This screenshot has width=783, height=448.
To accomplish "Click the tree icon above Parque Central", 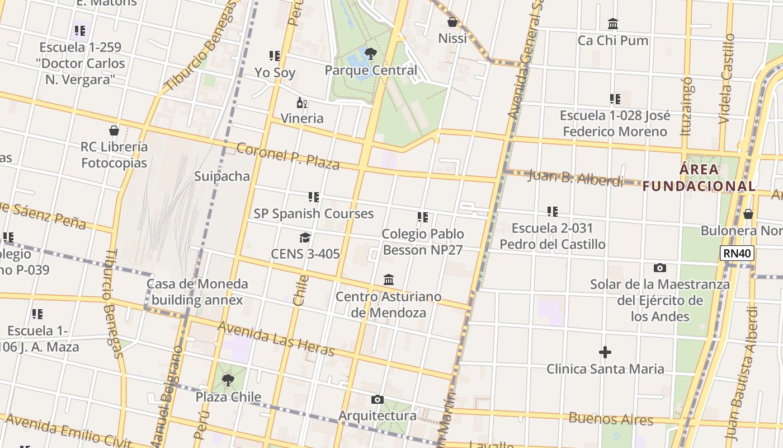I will click(370, 54).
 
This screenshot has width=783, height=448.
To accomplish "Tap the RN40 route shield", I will click(737, 253).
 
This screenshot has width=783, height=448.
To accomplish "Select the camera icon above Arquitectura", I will click(378, 399).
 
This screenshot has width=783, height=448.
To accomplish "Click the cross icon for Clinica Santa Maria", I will click(605, 352).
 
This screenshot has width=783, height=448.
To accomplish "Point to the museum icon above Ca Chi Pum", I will click(613, 24).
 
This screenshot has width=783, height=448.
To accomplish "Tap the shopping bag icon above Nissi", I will click(452, 22).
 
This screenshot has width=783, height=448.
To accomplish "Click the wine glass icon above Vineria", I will click(302, 102).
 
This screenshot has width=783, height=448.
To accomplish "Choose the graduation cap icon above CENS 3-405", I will click(305, 237).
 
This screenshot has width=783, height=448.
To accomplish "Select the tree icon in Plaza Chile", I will click(228, 380).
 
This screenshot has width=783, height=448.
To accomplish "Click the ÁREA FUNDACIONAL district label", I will click(699, 178).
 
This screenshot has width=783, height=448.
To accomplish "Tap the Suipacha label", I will click(222, 176).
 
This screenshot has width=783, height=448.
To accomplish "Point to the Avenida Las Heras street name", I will click(276, 338).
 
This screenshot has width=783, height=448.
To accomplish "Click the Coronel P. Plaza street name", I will click(288, 156).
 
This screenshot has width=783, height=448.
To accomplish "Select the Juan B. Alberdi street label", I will click(575, 178).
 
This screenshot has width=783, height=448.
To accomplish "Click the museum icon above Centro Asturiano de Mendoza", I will click(388, 279).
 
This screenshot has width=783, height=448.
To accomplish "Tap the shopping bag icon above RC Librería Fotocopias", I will click(114, 130).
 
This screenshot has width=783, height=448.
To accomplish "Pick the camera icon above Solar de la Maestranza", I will click(660, 268).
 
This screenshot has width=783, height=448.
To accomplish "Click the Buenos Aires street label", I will click(611, 419).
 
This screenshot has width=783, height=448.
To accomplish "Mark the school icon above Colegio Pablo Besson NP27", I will click(423, 217).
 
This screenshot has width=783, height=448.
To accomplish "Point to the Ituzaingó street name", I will click(687, 106).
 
